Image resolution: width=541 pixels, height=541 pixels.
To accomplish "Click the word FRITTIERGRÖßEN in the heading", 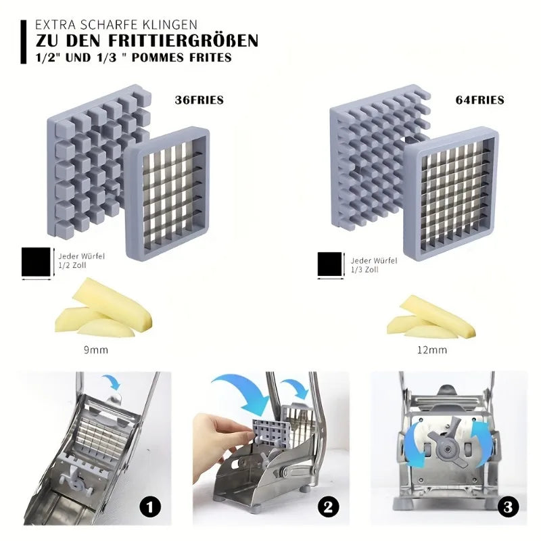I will pos(181,41).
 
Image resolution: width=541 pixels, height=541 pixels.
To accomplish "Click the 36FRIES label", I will pos(199,100).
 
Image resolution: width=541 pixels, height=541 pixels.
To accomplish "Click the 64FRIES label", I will pos(480,100).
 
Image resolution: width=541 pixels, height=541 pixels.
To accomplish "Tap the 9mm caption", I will pos(95,350).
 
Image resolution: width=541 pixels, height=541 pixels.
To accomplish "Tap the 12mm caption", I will pos(432,350).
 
